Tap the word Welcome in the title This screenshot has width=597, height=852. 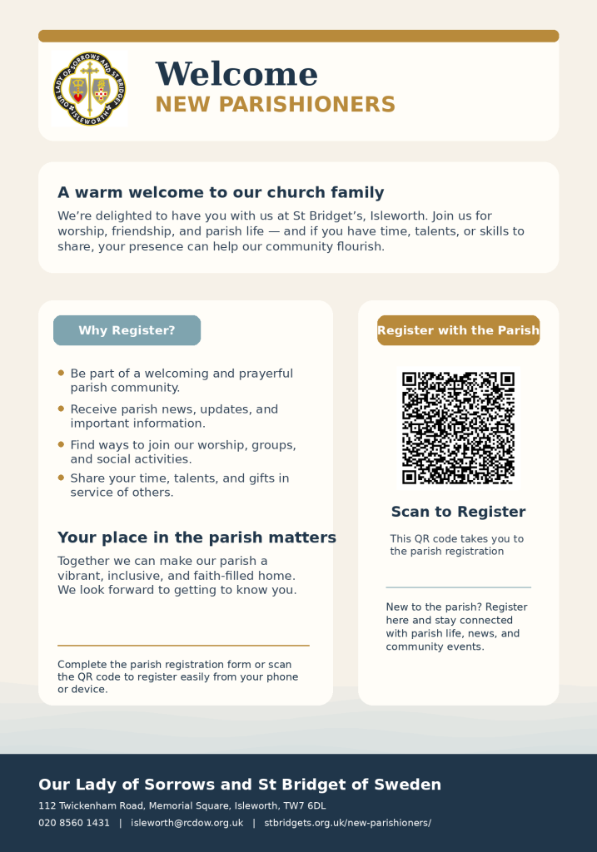236,75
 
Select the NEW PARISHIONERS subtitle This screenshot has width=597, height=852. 275,105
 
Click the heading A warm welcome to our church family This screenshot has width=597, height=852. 221,193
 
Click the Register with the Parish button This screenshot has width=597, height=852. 458,330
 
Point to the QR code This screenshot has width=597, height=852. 458,428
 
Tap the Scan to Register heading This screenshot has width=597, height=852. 458,512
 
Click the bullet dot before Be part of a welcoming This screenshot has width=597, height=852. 61,373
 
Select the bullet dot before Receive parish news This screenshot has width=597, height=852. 61,409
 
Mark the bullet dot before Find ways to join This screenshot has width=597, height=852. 61,444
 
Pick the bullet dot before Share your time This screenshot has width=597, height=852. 61,478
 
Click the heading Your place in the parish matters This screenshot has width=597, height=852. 197,537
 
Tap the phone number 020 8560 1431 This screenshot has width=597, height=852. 74,823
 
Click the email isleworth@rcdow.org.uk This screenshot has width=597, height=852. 187,823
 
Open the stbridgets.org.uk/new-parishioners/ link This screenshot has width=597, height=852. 347,823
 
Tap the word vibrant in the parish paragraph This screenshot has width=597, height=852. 81,576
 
